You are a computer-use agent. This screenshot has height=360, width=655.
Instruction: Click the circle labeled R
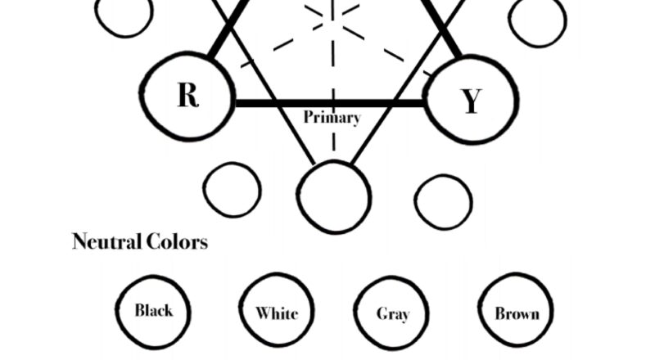187,95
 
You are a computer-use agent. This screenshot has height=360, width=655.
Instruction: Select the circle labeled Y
469,101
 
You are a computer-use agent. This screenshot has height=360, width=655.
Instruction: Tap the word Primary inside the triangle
332,117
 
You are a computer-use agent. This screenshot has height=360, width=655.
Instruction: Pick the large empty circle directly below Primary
333,197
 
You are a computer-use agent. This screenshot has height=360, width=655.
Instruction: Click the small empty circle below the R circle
233,190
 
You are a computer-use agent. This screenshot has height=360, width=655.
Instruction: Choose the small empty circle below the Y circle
443,200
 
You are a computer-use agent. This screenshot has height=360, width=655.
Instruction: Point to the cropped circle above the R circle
124,15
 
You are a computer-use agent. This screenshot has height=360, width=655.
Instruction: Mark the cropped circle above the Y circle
537,19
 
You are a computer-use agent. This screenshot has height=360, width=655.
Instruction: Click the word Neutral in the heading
106,242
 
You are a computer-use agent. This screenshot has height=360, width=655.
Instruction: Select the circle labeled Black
154,310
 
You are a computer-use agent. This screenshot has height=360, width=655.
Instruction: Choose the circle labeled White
277,313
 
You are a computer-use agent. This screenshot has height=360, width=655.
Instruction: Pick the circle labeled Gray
393,314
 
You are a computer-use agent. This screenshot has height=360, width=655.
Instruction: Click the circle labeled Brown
517,313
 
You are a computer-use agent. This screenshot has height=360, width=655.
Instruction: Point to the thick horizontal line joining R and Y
327,103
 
